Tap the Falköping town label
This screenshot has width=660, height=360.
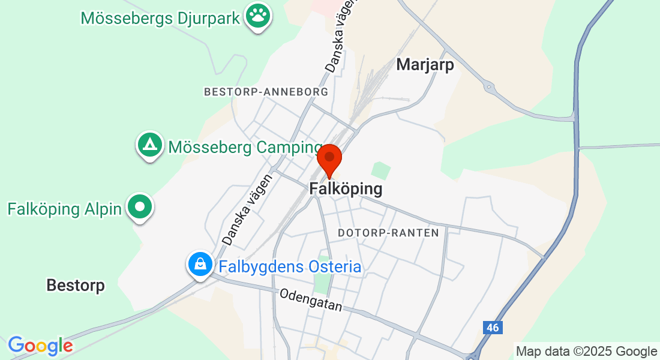pos(346,188)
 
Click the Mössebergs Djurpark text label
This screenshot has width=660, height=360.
pos(161,17)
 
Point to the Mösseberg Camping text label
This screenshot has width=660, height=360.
pos(245,147)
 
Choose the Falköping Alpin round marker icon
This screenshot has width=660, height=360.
pos(140,207)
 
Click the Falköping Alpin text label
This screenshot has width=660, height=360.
pos(64,209)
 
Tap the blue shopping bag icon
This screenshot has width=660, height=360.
pos(200,263)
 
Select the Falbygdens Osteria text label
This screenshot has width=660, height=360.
pos(290,266)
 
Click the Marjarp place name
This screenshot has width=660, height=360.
pos(425,65)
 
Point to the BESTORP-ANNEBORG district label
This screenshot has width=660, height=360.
pos(266,92)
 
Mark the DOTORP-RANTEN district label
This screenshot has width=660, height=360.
pos(388,232)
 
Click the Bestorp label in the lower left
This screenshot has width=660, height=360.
pos(76,286)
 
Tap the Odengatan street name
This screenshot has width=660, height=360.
pos(311,300)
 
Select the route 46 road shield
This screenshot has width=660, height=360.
pos(493,327)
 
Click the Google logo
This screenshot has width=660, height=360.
pos(40,346)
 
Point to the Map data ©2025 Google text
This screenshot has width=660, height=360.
pos(586,352)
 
